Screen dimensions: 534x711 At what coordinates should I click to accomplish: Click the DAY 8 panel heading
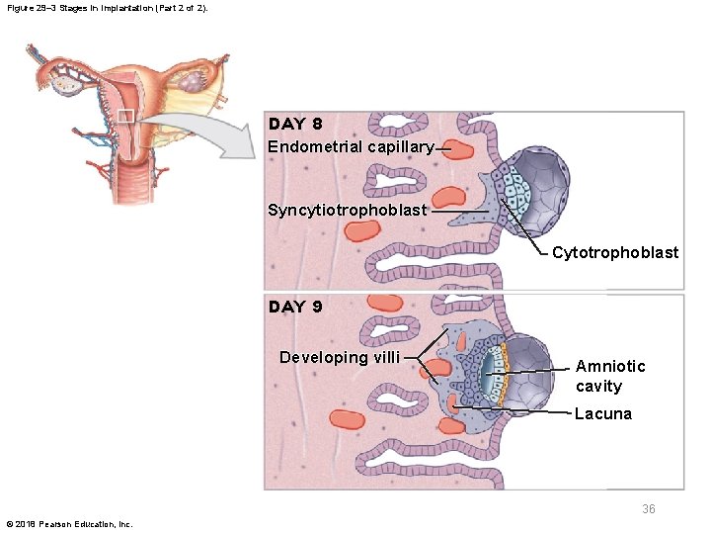[x=295, y=124]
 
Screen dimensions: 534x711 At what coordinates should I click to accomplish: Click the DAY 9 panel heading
[x=295, y=307]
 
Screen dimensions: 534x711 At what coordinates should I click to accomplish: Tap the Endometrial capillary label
[x=351, y=147]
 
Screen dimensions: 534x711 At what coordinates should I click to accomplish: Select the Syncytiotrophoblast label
[x=348, y=210]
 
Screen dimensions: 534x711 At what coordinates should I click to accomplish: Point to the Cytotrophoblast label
[x=615, y=253]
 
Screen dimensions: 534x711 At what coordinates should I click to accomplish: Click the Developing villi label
[x=340, y=358]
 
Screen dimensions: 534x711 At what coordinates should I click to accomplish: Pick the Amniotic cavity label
[x=610, y=376]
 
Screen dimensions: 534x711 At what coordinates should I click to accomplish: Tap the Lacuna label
[x=603, y=414]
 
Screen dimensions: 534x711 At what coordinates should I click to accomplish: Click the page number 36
[x=649, y=509]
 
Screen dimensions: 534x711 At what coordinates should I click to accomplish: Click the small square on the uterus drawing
[x=125, y=117]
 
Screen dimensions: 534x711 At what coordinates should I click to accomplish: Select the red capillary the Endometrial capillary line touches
[x=458, y=150]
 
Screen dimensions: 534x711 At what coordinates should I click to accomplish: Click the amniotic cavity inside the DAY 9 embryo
[x=491, y=374]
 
